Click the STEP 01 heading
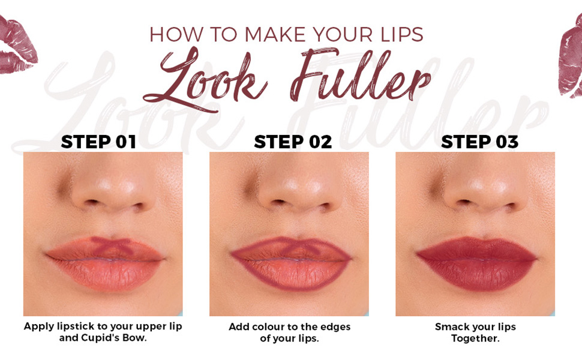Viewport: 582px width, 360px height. pos(98,142)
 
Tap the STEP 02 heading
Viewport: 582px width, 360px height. pos(293,142)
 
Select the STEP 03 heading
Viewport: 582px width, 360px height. pos(479,142)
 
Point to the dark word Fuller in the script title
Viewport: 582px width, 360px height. pos(360,74)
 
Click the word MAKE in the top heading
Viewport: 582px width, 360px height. pos(274,34)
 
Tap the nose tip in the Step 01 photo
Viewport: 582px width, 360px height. pos(112,191)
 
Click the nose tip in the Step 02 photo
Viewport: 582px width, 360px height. pos(299,191)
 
